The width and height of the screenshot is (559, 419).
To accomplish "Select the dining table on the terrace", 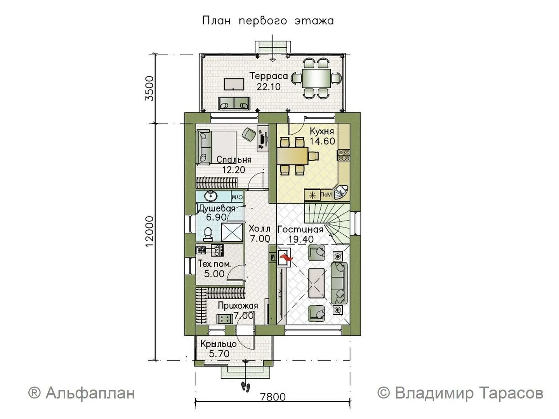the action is click(316, 78).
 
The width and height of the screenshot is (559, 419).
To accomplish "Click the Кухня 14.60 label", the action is click(322, 136).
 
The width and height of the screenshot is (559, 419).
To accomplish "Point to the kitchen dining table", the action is click(293, 156).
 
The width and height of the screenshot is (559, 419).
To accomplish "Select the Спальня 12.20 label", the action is click(234, 164).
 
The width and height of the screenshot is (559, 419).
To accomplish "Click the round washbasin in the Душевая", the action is click(211, 196).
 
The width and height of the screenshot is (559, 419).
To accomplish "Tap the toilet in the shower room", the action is click(208, 234).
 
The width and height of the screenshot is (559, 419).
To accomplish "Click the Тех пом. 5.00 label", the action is click(214, 269).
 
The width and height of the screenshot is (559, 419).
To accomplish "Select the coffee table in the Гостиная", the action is click(316, 283).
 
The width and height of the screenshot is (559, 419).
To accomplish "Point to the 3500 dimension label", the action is click(150, 88).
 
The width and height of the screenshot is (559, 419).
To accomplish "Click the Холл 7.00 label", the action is click(259, 233).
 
